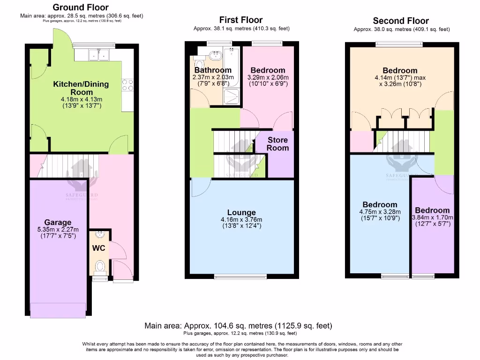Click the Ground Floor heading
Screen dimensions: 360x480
tap(80, 7)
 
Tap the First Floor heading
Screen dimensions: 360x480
tap(241, 20)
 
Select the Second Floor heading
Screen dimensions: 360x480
tap(401, 21)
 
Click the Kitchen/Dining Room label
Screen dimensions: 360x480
tap(81, 88)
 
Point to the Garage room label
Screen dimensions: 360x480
tap(58, 222)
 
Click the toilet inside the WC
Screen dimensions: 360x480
tap(100, 267)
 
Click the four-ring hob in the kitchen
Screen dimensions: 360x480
tap(127, 85)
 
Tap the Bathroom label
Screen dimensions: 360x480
tap(213, 70)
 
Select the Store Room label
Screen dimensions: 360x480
tap(278, 144)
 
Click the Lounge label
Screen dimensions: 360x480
tap(242, 212)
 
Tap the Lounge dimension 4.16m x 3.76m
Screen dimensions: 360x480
tap(242, 219)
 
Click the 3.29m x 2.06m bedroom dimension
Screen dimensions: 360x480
tap(268, 77)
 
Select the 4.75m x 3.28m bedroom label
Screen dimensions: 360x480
tap(380, 205)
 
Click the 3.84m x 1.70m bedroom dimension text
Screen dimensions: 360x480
tap(432, 217)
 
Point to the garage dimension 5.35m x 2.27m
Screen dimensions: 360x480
tap(58, 229)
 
